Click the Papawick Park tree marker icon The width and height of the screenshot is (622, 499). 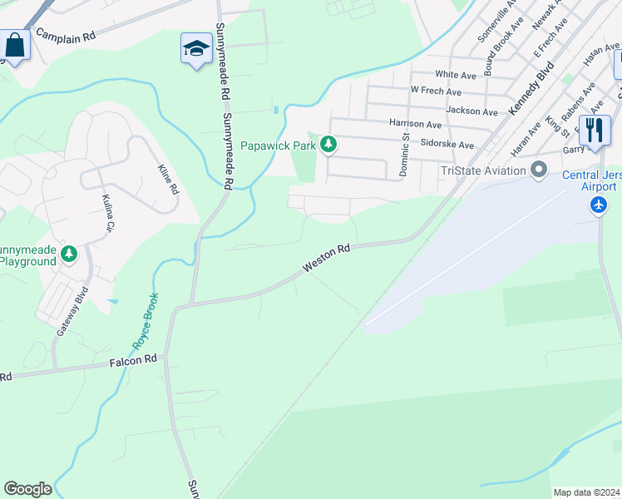coord(329,146)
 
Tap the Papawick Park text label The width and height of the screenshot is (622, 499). coord(279,146)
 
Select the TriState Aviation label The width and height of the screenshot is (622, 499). coord(483,170)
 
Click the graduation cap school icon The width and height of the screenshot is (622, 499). coord(196,49)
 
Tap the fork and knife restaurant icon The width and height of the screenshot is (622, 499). coord(595,131)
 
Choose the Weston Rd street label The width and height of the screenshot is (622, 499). coord(327,258)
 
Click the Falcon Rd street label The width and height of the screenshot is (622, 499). coord(133,360)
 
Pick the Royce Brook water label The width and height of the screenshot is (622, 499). coord(142,320)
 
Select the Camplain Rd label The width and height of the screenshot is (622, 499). coord(65,37)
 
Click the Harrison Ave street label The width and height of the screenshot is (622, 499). coord(415,124)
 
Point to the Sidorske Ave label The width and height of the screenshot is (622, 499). coord(447,145)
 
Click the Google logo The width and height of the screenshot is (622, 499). coord(27,489)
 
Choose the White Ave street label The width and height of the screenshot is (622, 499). coord(461,75)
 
